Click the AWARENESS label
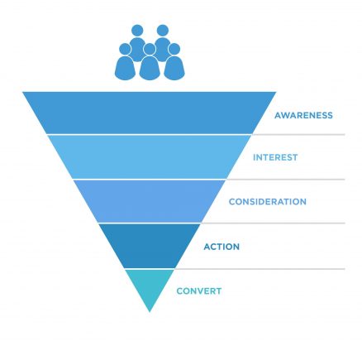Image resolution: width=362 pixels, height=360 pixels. coord(303,115)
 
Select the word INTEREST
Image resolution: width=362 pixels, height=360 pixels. coord(275,157)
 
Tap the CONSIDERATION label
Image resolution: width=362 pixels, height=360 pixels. coord(268,202)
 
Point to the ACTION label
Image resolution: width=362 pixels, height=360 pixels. coord(221,247)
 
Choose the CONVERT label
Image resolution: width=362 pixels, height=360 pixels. coord(199,291)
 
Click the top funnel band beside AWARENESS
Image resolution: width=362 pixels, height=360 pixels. coord(150,113)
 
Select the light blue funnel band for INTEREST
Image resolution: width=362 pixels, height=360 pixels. coord(150,157)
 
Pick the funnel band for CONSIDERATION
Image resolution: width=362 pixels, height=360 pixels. coord(150,201)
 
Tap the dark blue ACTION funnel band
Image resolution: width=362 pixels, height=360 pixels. coord(150,246)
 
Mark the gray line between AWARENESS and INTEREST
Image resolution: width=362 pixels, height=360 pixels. coord(298,135)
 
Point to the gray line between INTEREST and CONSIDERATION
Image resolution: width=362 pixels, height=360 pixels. coord(286,180)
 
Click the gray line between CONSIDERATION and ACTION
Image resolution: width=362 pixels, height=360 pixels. coord(273,223)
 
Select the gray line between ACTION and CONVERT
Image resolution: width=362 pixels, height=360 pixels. coord(260,269)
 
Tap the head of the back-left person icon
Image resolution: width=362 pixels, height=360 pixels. coord(137,31)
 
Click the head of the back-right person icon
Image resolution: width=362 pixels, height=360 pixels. coord(163,31)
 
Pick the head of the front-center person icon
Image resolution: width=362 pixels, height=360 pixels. coord(150,49)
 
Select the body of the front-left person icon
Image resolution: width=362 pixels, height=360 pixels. coord(125,68)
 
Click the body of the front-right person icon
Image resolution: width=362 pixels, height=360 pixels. coord(174,68)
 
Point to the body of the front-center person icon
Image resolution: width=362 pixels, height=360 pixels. coord(150,68)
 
